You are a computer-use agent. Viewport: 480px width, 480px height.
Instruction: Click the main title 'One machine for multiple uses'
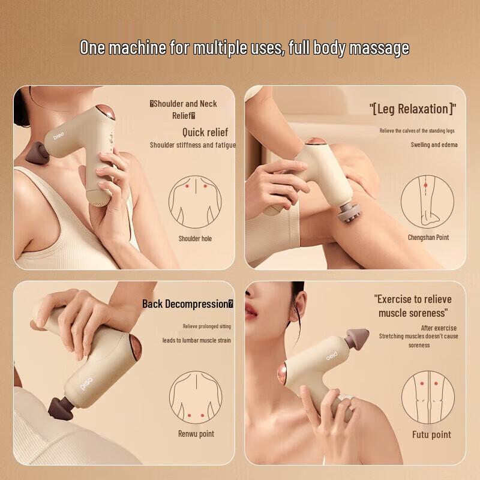(x=244, y=48)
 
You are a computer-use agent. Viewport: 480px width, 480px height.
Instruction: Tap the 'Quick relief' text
(x=205, y=132)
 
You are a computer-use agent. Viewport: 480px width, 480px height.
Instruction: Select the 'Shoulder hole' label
(x=195, y=238)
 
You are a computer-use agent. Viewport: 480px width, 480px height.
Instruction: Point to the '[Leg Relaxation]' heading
(x=412, y=109)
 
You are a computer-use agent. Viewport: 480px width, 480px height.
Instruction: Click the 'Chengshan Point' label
(x=428, y=238)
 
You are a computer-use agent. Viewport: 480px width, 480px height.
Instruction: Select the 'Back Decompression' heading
(x=187, y=304)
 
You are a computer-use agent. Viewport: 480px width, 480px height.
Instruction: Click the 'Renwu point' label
(x=196, y=434)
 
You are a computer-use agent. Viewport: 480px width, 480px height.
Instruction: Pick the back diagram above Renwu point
(x=195, y=396)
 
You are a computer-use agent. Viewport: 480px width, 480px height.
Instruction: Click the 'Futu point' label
(x=431, y=434)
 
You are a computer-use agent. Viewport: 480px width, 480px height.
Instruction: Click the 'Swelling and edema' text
(x=433, y=145)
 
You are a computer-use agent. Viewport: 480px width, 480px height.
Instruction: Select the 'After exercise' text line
(x=439, y=328)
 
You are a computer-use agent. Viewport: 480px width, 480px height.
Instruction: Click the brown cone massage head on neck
(x=41, y=152)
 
